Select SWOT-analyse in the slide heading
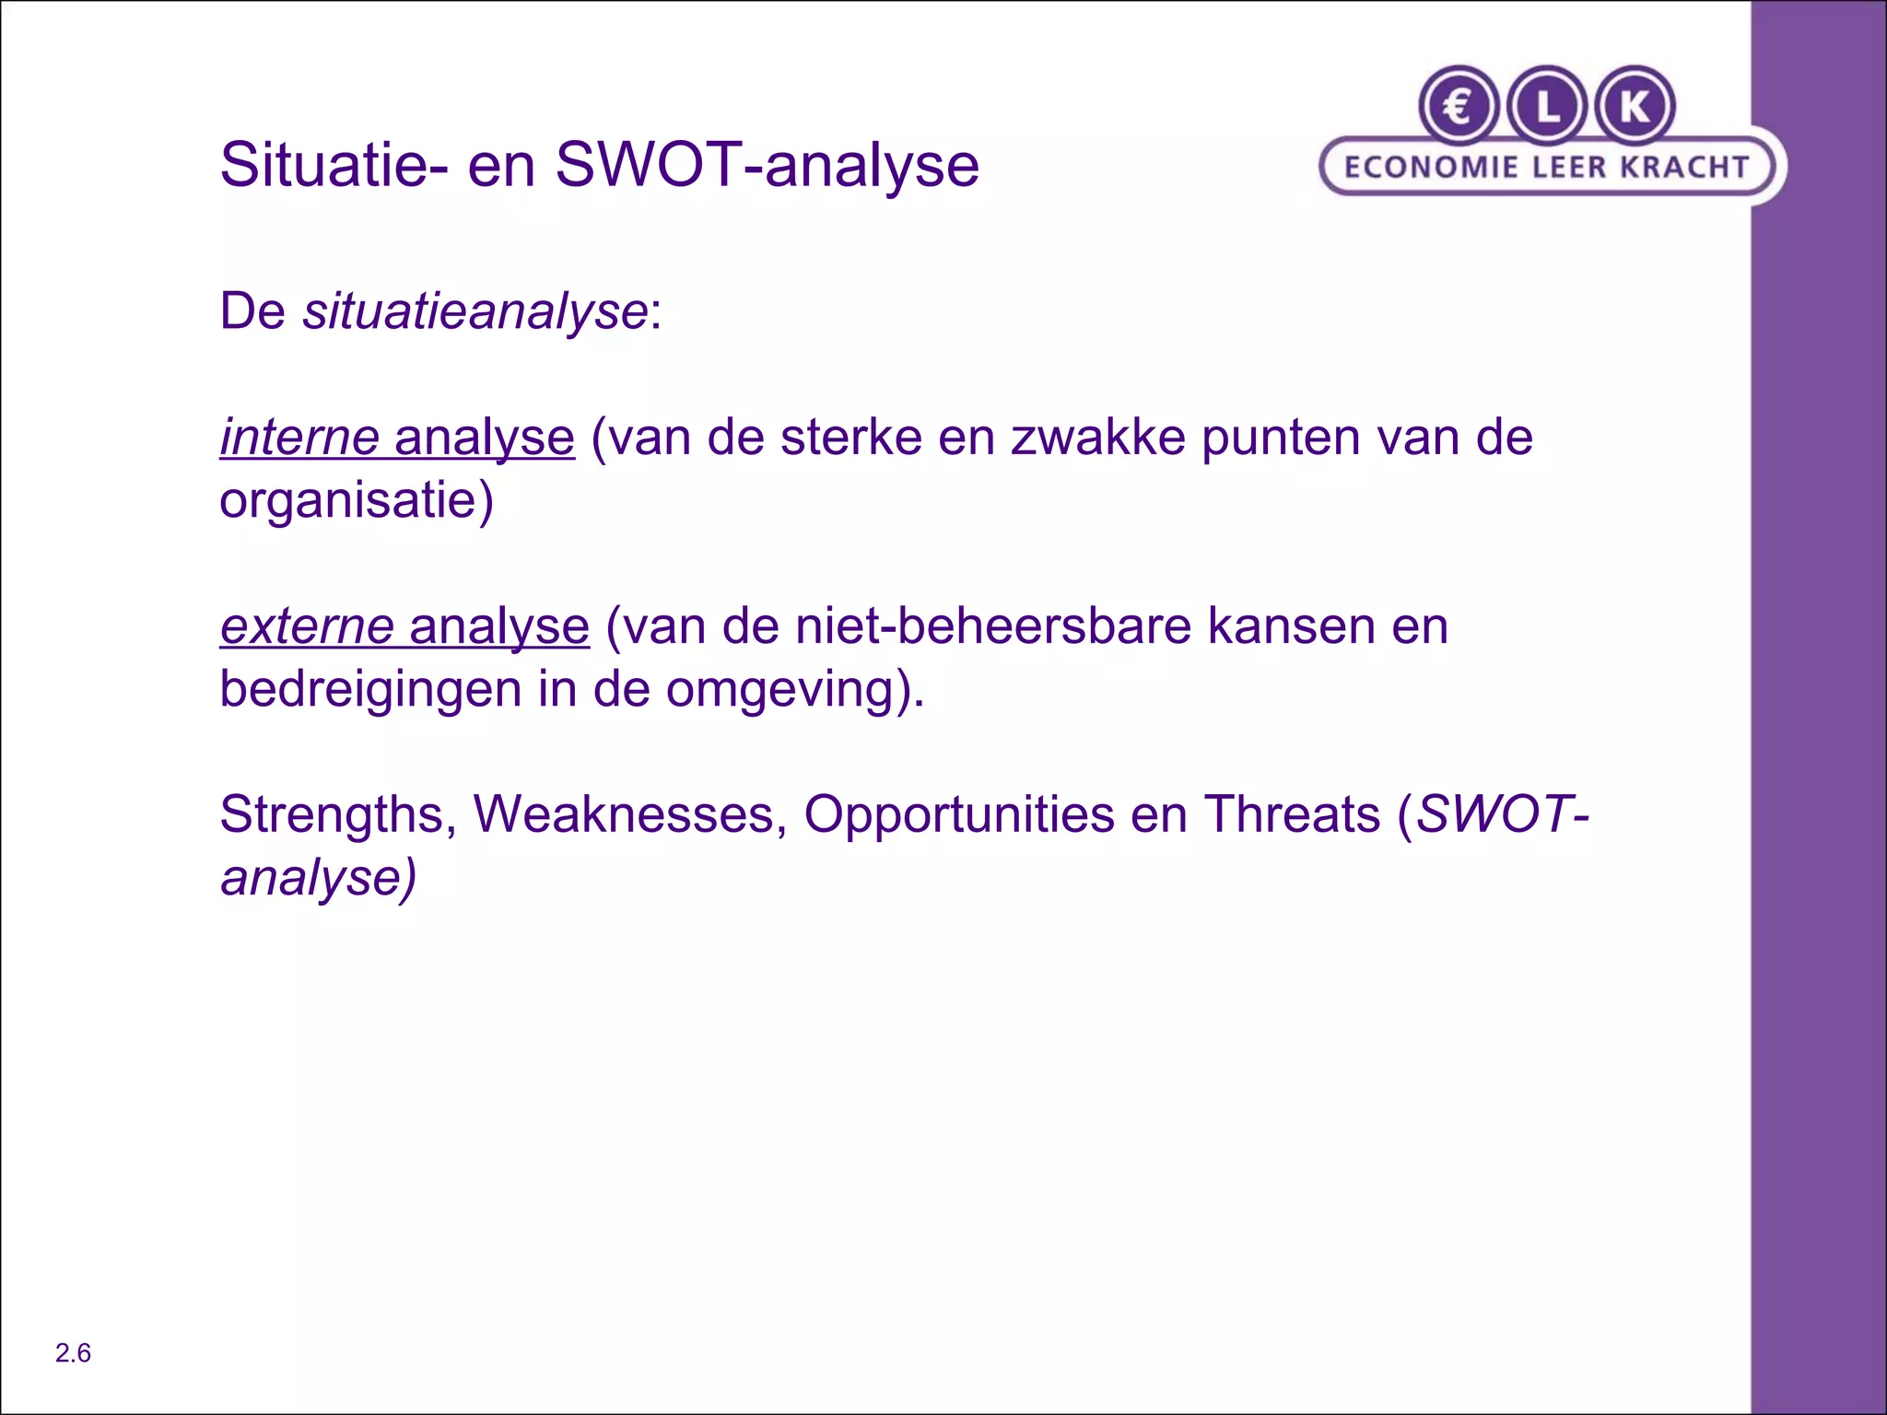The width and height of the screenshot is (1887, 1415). (x=767, y=166)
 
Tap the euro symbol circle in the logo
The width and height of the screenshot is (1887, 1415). (x=1459, y=107)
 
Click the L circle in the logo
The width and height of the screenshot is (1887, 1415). (x=1547, y=107)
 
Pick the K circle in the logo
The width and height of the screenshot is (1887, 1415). (x=1635, y=107)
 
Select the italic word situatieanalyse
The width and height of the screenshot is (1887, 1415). (x=475, y=311)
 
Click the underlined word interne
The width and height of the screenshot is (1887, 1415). (x=299, y=437)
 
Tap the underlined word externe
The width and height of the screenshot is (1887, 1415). (x=307, y=626)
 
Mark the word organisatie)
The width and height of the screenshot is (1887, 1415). (x=357, y=501)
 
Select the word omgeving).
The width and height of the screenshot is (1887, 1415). (x=795, y=689)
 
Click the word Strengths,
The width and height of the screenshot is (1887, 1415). (x=338, y=815)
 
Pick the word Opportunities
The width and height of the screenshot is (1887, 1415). (x=958, y=815)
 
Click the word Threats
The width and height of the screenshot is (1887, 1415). (x=1292, y=815)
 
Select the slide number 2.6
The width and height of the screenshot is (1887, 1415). (x=73, y=1353)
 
